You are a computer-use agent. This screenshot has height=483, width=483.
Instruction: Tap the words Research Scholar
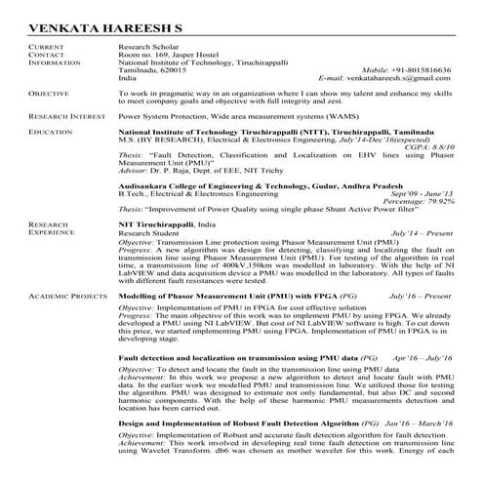tap(144, 47)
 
